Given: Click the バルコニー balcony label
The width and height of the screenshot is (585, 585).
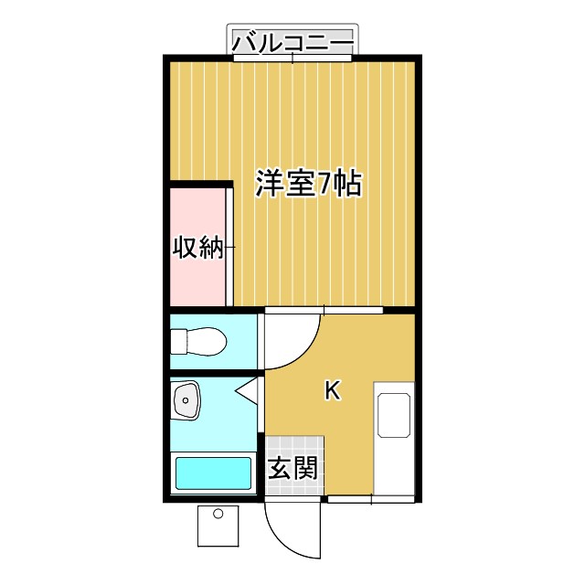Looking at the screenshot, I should click(292, 41).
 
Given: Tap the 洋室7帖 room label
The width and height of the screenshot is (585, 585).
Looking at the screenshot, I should click(308, 185).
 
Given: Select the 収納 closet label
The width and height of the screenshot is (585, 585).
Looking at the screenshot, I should click(199, 247).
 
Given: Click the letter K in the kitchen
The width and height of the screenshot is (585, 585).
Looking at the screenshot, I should click(333, 391).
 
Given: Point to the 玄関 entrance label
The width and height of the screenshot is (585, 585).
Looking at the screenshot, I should click(293, 470).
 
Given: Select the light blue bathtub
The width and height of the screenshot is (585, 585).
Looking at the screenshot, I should click(213, 473).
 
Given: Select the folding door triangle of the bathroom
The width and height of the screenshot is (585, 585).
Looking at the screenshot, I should click(248, 394).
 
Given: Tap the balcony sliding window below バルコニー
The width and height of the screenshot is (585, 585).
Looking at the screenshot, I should click(292, 58).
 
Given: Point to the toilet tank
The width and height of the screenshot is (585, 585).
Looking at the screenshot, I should click(178, 342).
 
